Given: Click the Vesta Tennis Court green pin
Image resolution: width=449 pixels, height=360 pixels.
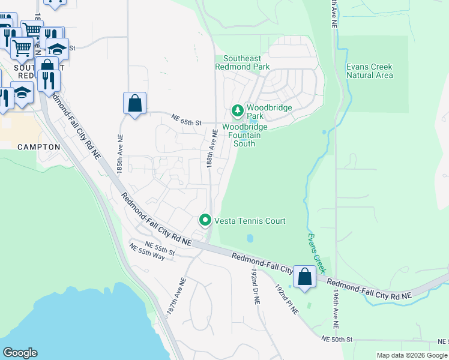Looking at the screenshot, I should click(x=205, y=221).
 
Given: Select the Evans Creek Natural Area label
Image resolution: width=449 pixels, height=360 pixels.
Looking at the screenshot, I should click(x=370, y=71).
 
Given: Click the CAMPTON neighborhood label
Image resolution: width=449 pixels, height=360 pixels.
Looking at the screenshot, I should click(x=39, y=147).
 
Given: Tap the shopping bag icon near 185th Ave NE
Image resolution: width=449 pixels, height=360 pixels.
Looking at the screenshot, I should click(x=135, y=103).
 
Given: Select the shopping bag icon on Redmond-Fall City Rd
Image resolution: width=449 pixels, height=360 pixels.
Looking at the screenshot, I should click(x=305, y=278).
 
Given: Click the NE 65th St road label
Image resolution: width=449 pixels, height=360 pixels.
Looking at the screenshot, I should click(x=184, y=122).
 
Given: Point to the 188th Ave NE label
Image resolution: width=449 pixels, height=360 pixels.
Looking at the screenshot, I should click(x=212, y=150).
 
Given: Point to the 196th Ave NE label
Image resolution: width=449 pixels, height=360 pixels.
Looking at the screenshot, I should click(x=335, y=310).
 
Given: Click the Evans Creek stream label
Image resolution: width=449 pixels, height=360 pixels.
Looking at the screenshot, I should click(x=317, y=251).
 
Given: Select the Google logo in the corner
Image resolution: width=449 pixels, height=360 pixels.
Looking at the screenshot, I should click(x=20, y=353).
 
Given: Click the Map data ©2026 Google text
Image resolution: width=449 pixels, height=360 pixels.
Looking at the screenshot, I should click(x=412, y=355).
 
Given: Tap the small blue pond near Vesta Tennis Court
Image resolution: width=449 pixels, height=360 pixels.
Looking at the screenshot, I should click(x=250, y=238).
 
